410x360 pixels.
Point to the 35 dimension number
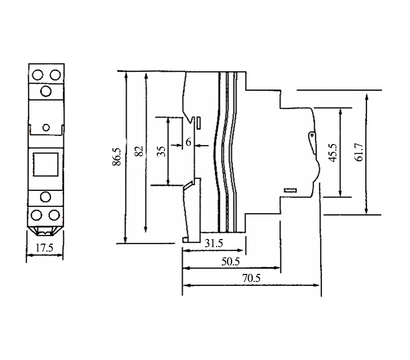(161, 153)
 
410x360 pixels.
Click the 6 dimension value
(187, 143)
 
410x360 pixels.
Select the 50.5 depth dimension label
(229, 263)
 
